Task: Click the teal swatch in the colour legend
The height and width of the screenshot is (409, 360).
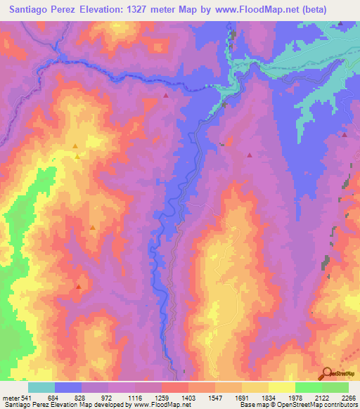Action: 41,387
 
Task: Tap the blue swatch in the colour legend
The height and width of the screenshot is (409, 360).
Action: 68,387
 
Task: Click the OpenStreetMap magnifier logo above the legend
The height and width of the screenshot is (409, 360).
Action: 328,373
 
